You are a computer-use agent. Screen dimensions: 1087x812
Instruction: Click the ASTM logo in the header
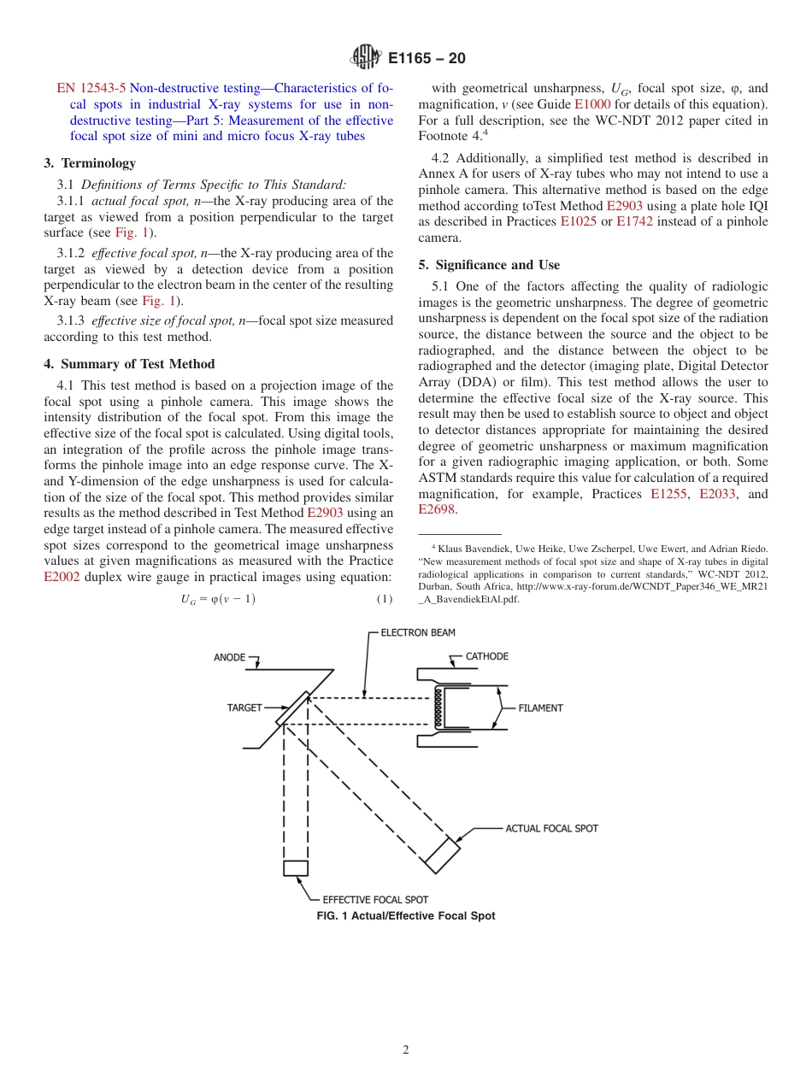click(367, 58)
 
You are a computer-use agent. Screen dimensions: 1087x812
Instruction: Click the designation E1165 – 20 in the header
click(427, 58)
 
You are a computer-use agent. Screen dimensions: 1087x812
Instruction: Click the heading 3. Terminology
click(90, 162)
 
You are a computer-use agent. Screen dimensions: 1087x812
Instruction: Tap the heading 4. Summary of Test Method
click(129, 364)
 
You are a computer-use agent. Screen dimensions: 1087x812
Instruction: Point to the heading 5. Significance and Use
click(489, 265)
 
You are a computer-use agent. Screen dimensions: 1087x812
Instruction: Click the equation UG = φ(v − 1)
click(217, 600)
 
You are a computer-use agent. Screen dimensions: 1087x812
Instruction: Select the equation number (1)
click(385, 600)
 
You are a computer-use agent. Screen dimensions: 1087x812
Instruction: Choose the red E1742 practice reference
click(633, 222)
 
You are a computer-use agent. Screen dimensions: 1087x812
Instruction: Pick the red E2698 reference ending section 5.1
click(437, 510)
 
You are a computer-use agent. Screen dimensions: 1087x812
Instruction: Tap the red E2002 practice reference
click(62, 577)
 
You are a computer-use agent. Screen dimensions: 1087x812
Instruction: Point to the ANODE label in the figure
click(229, 657)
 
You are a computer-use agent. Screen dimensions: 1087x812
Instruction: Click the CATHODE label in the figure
click(486, 656)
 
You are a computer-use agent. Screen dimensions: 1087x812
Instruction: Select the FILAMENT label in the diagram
click(540, 708)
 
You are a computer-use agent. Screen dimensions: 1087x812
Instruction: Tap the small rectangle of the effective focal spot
click(296, 868)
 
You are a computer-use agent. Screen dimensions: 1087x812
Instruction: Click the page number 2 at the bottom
click(406, 1050)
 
